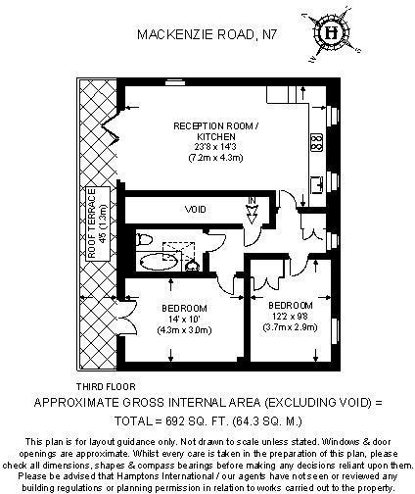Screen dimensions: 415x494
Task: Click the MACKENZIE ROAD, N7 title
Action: pyautogui.click(x=207, y=34)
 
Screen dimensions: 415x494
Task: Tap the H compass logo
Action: pyautogui.click(x=332, y=33)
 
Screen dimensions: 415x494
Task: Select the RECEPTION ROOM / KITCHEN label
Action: pyautogui.click(x=216, y=131)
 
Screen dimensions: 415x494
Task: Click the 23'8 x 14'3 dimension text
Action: pyautogui.click(x=215, y=147)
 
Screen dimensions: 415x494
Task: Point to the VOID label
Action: pyautogui.click(x=196, y=209)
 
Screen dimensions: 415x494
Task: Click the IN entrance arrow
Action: pyautogui.click(x=253, y=211)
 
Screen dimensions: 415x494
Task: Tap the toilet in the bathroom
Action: pyautogui.click(x=145, y=239)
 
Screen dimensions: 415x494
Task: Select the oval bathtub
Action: pyautogui.click(x=159, y=262)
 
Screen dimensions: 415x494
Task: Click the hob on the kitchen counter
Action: pyautogui.click(x=317, y=142)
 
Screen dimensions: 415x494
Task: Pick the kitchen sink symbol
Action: pyautogui.click(x=317, y=184)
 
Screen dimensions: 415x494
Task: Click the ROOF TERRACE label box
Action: pyautogui.click(x=98, y=223)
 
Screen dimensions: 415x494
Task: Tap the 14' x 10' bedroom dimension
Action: pyautogui.click(x=184, y=319)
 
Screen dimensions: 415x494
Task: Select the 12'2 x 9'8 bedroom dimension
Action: pyautogui.click(x=290, y=317)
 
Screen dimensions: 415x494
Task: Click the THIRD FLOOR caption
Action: pyautogui.click(x=106, y=387)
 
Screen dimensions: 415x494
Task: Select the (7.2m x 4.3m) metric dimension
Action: pyautogui.click(x=215, y=158)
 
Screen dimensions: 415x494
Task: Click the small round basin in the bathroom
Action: pyautogui.click(x=193, y=266)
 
